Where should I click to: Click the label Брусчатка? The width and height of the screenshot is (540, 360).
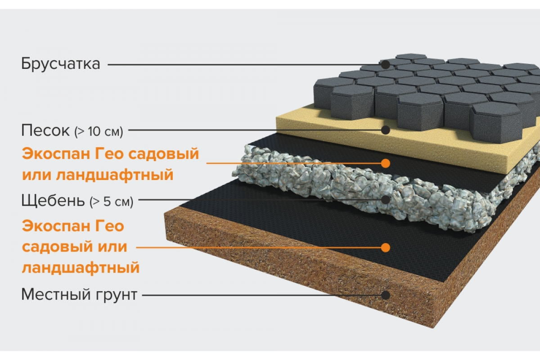coord(60,64)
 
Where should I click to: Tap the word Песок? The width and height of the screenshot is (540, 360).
coord(45,130)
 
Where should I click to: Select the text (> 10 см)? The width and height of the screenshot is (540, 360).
coord(99,131)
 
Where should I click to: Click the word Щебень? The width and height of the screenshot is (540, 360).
coord(53,201)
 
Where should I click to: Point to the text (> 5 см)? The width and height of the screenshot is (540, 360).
coord(112,202)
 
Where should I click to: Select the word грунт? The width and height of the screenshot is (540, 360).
coord(117,296)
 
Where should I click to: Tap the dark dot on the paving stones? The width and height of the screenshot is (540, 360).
coord(386,65)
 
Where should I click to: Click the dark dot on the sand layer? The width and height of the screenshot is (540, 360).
coord(386,130)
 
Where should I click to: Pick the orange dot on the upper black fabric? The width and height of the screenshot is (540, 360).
coord(386,163)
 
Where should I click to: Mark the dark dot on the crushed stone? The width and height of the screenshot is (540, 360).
coord(386,200)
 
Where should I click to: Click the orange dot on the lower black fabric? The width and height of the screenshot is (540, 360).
coord(386,247)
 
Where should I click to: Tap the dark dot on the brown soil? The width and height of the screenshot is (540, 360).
coord(386,295)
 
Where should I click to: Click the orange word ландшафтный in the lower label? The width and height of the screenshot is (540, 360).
coord(81,268)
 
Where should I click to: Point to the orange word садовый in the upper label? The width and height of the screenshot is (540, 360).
coord(164,154)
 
